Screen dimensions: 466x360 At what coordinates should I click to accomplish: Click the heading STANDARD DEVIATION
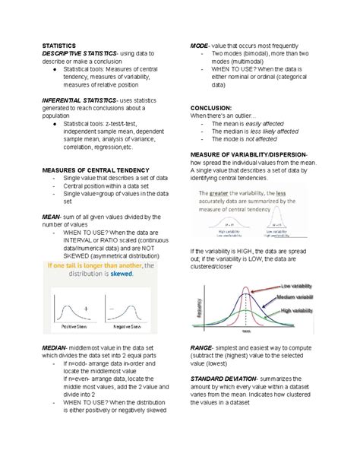[223, 378]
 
